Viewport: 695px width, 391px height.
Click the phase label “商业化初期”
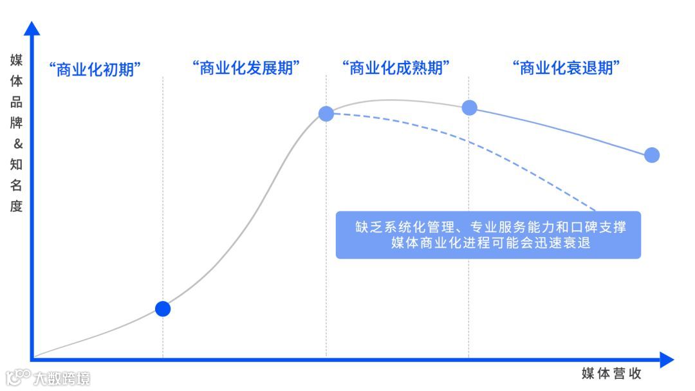click(95, 69)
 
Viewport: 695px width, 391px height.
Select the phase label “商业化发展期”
click(247, 68)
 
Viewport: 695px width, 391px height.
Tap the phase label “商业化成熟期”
click(395, 68)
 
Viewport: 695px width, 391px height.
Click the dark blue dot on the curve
click(163, 309)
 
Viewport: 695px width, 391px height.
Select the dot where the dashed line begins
click(326, 114)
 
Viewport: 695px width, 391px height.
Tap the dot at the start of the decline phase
click(470, 107)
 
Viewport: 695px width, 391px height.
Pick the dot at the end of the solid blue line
click(652, 155)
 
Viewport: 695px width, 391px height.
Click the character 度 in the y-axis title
click(17, 206)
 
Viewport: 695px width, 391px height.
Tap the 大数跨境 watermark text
click(62, 377)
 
